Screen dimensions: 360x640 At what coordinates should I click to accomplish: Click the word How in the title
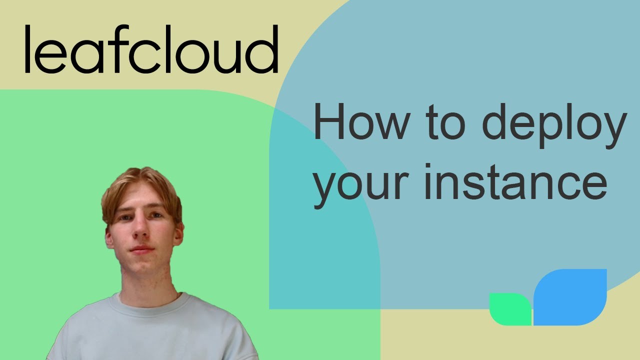pos(359,122)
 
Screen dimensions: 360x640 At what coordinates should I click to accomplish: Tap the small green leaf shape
pos(509,309)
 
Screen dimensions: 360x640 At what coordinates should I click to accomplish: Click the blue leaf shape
pos(570,297)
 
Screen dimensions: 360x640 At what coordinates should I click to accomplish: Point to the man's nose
pos(140,231)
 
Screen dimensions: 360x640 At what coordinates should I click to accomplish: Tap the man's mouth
pos(141,249)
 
